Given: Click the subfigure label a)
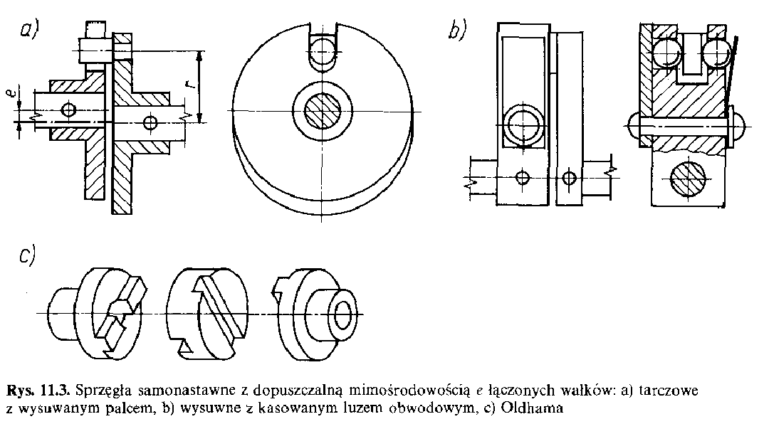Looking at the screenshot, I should click(31, 31).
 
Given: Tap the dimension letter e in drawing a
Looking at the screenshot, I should click(20, 95).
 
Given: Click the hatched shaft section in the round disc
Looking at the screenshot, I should click(324, 112).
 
